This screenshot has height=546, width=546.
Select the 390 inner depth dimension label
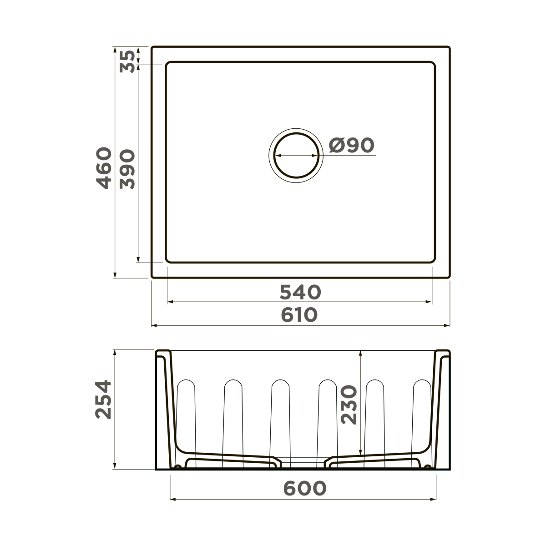click(x=128, y=169)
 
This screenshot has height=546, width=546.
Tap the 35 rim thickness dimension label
click(x=128, y=61)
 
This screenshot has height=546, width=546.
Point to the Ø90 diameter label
click(x=351, y=146)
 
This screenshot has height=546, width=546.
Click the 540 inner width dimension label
click(x=300, y=293)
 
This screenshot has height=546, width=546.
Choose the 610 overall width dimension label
click(x=299, y=315)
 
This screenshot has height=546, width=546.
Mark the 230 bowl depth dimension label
click(x=349, y=405)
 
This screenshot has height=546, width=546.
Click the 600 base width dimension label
click(x=304, y=489)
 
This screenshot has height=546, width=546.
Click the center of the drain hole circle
click(x=296, y=155)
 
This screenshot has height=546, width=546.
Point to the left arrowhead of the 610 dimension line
click(x=154, y=326)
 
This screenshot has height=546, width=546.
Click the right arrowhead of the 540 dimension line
click(x=429, y=301)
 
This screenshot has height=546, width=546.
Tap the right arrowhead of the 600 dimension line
click(x=433, y=499)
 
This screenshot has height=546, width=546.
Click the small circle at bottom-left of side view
click(x=178, y=467)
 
